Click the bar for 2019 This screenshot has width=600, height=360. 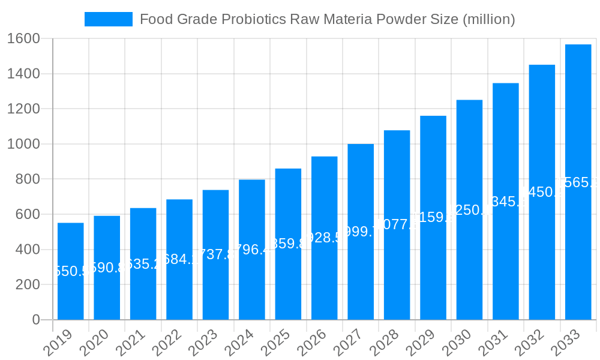[x=71, y=271]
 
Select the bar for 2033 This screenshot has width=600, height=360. [x=578, y=182]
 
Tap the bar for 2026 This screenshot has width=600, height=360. [x=325, y=238]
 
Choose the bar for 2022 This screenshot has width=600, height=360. [x=179, y=259]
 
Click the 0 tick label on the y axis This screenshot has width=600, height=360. [x=35, y=320]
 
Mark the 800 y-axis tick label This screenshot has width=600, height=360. [x=27, y=179]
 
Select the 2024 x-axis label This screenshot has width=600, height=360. [x=241, y=343]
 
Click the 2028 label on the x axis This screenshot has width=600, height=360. [x=386, y=343]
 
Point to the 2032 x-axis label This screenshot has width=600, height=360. [x=532, y=343]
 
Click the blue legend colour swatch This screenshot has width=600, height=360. [x=109, y=19]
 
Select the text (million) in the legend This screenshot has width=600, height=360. [x=489, y=19]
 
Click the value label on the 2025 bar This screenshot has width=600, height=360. [x=288, y=244]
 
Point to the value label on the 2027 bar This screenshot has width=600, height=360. [x=361, y=232]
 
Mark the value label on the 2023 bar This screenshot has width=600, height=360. [x=215, y=254]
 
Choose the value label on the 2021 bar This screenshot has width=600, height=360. [x=143, y=264]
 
